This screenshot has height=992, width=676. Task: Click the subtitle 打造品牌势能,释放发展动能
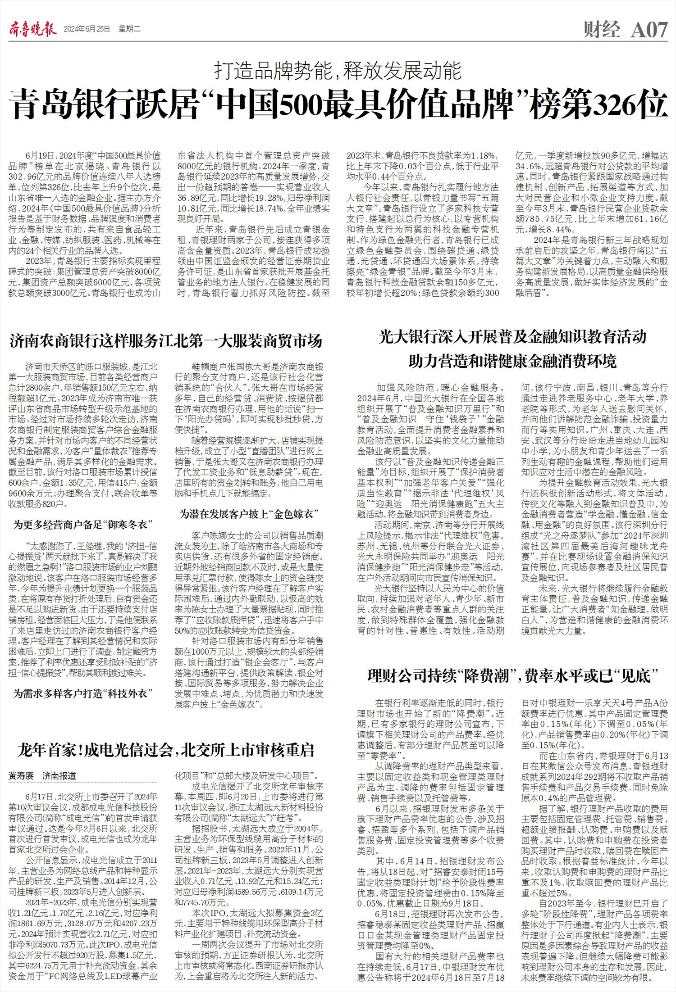338,71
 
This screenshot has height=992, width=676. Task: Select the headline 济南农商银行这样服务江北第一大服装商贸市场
166,341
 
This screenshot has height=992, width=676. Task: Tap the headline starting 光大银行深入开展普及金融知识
512,337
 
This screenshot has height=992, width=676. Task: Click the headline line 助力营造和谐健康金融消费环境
512,361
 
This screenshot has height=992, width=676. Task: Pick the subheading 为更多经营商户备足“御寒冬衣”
82,525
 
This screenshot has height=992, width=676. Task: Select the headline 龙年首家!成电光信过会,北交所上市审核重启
166,750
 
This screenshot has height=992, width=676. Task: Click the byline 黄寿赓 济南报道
42,776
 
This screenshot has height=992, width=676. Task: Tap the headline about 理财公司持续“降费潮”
512,676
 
